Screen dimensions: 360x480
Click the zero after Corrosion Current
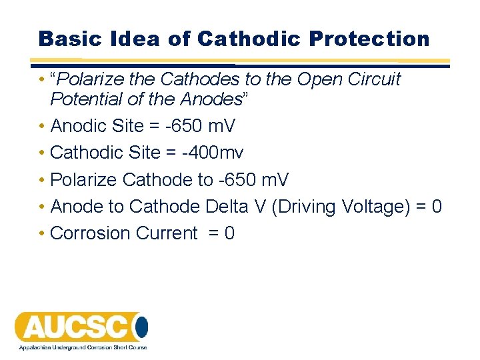pyautogui.click(x=229, y=233)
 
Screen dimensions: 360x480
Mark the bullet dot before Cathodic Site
pyautogui.click(x=42, y=153)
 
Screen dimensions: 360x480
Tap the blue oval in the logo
pyautogui.click(x=141, y=327)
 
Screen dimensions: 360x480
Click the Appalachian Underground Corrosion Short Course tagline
pyautogui.click(x=83, y=347)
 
